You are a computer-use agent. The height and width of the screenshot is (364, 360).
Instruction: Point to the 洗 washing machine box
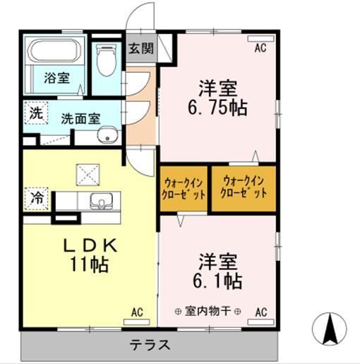(x=35, y=111)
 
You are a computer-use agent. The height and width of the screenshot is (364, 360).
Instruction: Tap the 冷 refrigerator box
(x=35, y=198)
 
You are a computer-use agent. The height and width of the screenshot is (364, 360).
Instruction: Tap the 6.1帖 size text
(x=216, y=281)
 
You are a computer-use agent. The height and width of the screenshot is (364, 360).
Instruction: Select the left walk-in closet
(x=184, y=187)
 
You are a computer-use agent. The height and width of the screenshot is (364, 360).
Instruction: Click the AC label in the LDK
(x=136, y=311)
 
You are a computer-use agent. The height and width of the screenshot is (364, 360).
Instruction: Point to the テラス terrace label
(x=149, y=346)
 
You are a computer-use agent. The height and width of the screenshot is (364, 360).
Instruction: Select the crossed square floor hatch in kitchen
(x=88, y=172)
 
